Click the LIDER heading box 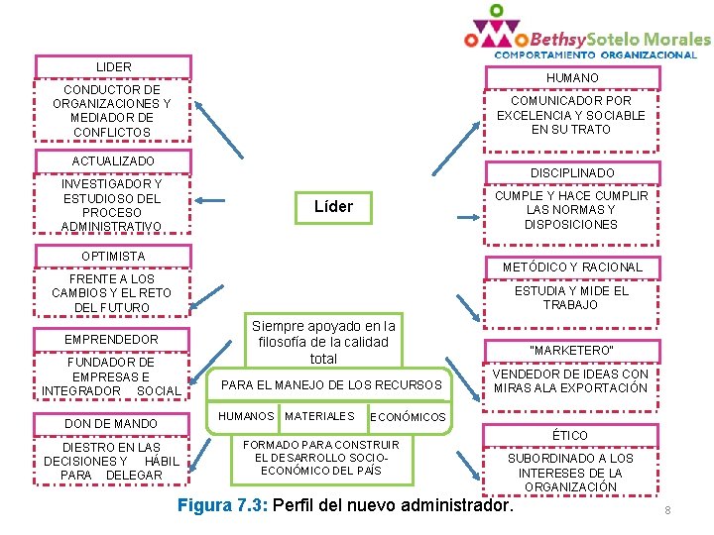point(113,66)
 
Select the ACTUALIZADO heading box point(113,160)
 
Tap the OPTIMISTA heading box point(113,256)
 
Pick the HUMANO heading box point(572,78)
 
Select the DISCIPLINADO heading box point(572,173)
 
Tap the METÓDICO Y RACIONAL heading point(572,267)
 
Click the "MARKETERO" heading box point(572,351)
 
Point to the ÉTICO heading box point(570,435)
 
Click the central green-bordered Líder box point(333,206)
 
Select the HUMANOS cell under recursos point(246,416)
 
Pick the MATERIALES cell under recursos point(319,416)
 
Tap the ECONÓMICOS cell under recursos point(408,417)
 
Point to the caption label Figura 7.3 point(221,505)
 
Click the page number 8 point(667,510)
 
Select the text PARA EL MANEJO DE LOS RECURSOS point(330,384)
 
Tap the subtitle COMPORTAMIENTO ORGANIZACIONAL point(595,55)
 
